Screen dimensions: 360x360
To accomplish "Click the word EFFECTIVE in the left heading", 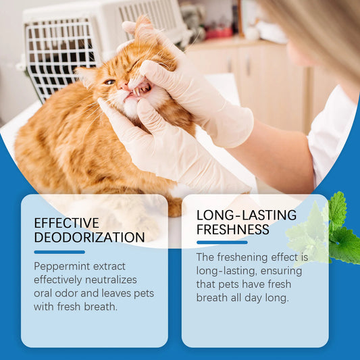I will pos(66,223).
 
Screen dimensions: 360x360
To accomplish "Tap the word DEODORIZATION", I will pos(89,237).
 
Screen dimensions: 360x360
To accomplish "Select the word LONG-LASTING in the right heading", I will pos(247,215).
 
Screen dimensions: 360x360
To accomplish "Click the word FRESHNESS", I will pos(234,229).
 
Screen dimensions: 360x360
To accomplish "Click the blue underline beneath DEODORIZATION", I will pos(59,251).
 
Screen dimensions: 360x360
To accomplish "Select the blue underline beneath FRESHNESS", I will pos(222,242).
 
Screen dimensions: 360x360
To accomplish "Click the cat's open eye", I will pos(109,82).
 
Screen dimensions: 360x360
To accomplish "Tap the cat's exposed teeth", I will pos(138,91).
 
